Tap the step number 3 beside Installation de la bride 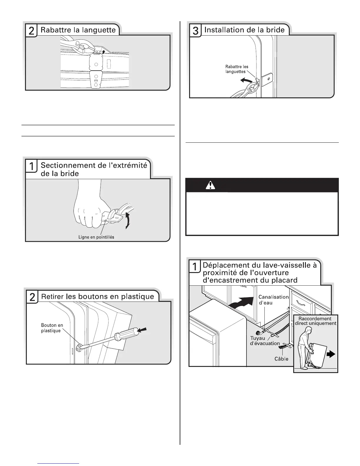[195, 31]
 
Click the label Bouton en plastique [52, 328]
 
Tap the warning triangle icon [211, 185]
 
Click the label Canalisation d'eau [273, 300]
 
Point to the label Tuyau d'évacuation [264, 341]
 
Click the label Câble [281, 359]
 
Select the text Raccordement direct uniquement [315, 321]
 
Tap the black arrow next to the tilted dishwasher [331, 355]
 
